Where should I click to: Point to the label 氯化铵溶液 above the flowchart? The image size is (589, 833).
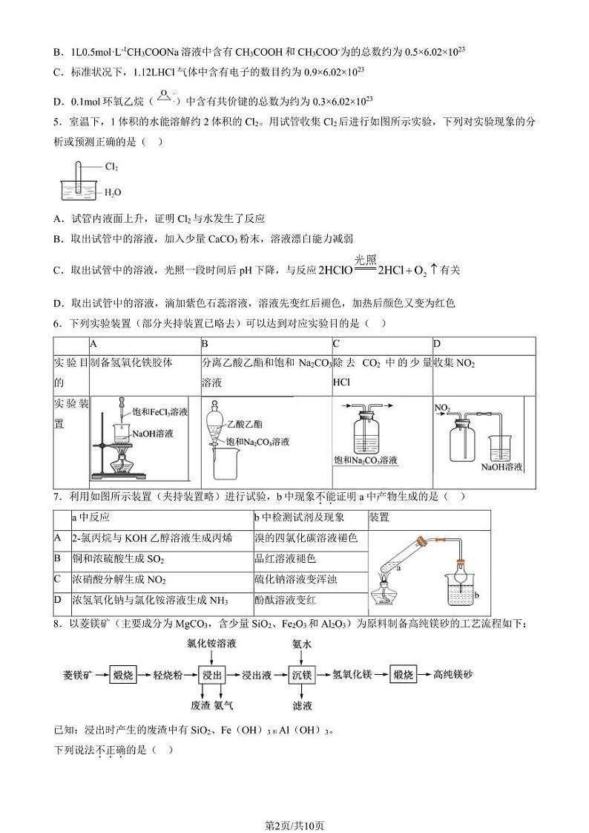coord(212,644)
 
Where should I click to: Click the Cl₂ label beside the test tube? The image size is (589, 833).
coord(112,168)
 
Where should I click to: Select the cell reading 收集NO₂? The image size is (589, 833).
coord(455,363)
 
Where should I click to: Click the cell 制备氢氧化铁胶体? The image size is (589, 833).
coord(131,363)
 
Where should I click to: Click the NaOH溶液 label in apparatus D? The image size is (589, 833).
coord(502,466)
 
